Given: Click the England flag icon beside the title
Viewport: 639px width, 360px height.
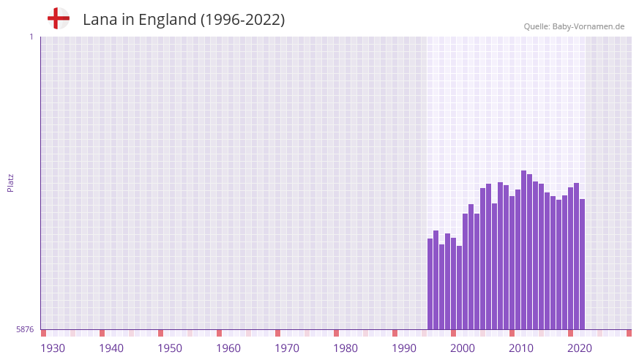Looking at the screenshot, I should (x=59, y=18).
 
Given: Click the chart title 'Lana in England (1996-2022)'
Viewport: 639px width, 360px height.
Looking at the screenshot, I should (x=184, y=20).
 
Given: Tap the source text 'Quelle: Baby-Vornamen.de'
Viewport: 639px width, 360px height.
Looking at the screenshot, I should (x=574, y=26).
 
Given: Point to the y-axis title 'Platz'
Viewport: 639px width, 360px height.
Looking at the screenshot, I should (x=10, y=182).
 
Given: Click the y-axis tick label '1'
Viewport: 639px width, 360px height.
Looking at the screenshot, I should (x=31, y=37).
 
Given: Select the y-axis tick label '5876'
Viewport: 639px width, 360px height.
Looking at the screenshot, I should (x=25, y=330).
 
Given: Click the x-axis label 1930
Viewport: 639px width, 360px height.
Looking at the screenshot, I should (x=53, y=348).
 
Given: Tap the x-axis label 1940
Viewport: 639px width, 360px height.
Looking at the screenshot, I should (x=111, y=348).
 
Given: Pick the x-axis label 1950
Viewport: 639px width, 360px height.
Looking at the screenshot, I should (x=170, y=348).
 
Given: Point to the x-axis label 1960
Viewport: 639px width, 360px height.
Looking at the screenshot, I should (x=228, y=348).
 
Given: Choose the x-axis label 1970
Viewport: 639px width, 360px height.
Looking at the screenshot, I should (x=287, y=348).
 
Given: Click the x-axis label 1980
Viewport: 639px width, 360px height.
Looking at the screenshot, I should (x=345, y=348).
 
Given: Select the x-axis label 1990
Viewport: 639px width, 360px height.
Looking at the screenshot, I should (x=404, y=348).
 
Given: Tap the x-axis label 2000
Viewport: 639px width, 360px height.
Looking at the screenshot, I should (x=463, y=348).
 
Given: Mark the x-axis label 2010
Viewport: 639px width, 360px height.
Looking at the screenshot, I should (x=521, y=348).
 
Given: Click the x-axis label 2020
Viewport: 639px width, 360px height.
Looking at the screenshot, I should (x=580, y=348).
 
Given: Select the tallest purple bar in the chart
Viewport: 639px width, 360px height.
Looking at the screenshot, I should (x=523, y=249).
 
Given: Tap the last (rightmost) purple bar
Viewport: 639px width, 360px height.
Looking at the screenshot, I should (x=582, y=263).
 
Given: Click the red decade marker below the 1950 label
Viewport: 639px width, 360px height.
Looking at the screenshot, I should (x=160, y=333).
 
